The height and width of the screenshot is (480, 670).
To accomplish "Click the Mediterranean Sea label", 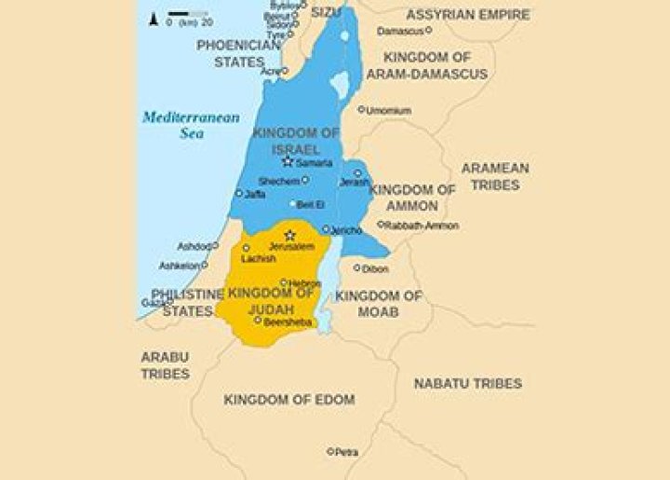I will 190,126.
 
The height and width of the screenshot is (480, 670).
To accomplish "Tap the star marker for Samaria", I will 288,161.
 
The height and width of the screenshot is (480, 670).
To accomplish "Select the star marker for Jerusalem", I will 289,235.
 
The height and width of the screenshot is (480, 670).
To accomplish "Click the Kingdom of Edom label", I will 288,399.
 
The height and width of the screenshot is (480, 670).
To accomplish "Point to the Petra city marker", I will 330,452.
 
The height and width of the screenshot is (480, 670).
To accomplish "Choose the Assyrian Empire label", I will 468,15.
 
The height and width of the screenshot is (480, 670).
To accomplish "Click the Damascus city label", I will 400,31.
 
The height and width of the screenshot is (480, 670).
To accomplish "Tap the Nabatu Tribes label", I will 467,383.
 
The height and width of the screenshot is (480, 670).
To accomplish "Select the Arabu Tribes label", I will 165,364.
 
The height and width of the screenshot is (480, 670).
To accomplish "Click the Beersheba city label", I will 286,321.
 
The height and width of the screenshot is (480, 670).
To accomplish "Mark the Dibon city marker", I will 357,267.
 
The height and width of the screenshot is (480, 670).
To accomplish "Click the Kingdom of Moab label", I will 379,303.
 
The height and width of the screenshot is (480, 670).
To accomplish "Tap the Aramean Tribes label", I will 495,177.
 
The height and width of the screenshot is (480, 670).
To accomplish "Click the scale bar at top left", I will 187,16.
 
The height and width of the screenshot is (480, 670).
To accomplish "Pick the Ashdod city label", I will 194,247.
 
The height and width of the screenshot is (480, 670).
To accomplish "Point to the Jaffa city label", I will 255,195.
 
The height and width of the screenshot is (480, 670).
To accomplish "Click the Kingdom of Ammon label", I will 412,198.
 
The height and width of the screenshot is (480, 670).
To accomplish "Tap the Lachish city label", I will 258,258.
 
